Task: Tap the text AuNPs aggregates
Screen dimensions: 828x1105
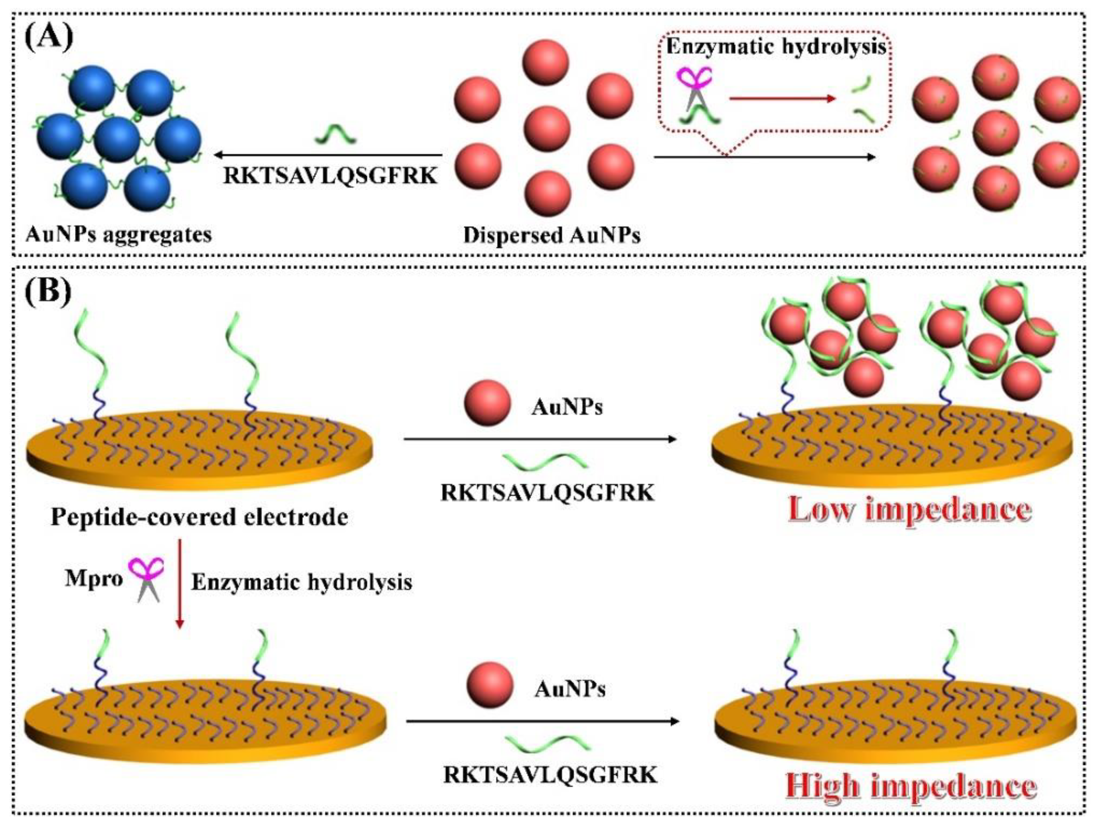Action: click(119, 234)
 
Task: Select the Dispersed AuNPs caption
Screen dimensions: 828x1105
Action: click(552, 235)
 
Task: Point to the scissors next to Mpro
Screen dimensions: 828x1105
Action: click(146, 579)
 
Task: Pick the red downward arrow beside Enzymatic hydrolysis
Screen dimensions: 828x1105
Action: click(180, 582)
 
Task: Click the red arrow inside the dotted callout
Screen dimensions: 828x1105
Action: click(782, 99)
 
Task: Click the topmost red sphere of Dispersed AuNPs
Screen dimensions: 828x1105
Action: click(545, 64)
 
